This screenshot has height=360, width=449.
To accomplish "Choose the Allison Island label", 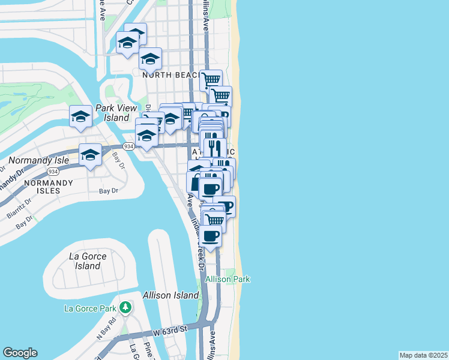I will [x=170, y=295].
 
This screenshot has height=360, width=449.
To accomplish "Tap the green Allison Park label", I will [x=228, y=279].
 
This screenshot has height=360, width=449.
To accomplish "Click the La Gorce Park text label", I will [x=89, y=309].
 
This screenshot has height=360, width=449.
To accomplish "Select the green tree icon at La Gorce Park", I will [x=125, y=308].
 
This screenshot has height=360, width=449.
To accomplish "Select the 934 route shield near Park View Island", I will [x=128, y=146].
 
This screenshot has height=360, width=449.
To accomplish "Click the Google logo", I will [x=20, y=353].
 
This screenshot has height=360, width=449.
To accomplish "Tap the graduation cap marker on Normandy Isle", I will [x=90, y=155].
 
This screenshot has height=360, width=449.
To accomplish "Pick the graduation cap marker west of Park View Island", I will [x=80, y=116].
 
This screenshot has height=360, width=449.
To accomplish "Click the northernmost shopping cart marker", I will [x=211, y=79].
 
